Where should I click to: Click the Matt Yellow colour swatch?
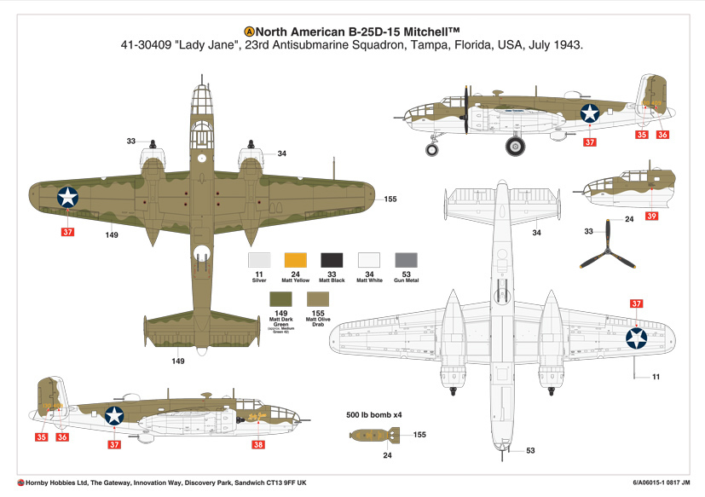(295, 260)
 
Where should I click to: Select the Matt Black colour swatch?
(332, 260)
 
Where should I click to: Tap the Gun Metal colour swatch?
(406, 260)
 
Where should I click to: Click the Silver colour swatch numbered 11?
(258, 260)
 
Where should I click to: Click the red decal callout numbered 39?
(651, 217)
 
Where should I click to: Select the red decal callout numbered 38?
(258, 443)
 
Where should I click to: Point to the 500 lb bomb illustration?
(372, 436)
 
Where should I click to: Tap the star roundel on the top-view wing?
(67, 197)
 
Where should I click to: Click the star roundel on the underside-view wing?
(636, 338)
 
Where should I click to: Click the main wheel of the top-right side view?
(515, 147)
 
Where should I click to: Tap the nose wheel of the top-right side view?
(432, 149)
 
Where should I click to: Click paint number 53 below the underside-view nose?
(530, 451)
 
